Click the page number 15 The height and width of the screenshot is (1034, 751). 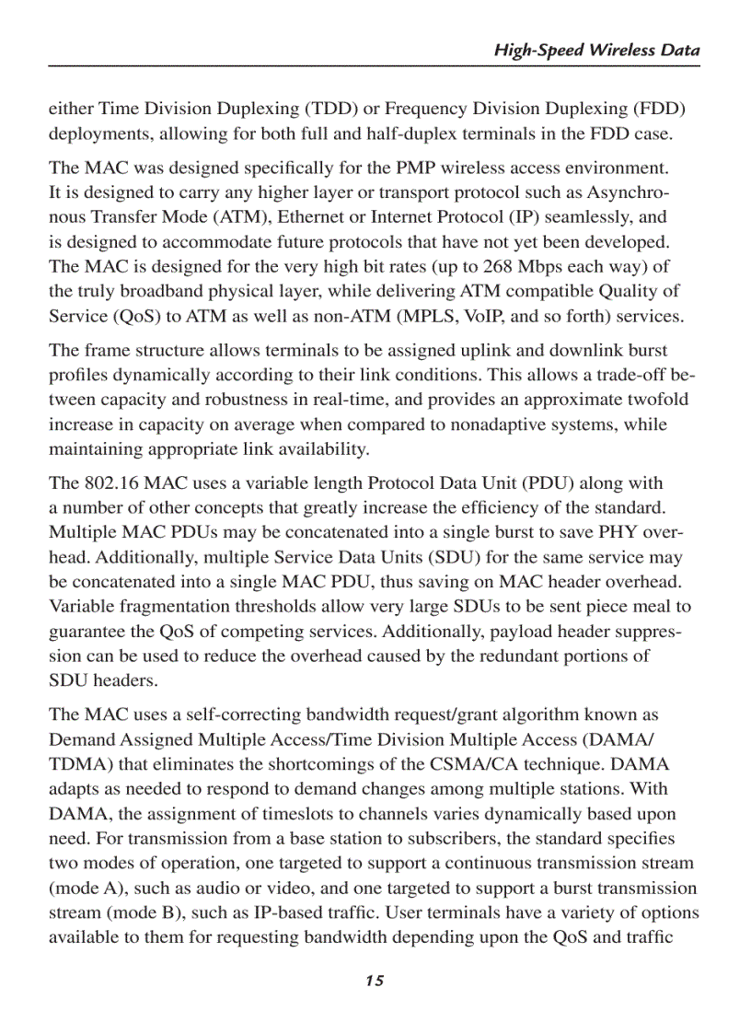pyautogui.click(x=374, y=981)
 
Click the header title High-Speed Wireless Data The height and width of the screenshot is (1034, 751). pyautogui.click(x=596, y=51)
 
